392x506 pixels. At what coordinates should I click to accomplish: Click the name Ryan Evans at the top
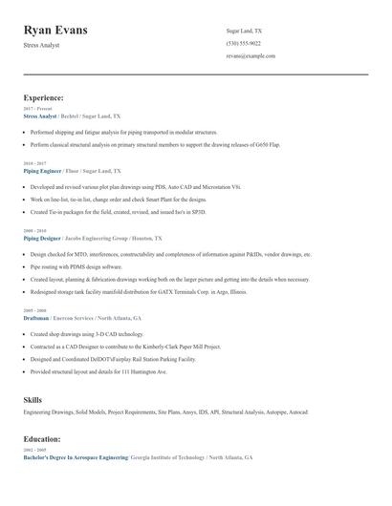(x=55, y=31)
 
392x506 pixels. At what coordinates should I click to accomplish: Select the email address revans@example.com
(x=250, y=56)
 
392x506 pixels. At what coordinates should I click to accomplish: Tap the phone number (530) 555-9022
(x=243, y=44)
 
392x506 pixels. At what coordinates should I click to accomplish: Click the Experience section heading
(x=43, y=97)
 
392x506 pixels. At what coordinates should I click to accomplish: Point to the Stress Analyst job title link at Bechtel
(x=40, y=116)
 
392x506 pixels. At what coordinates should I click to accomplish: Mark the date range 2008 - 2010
(x=33, y=231)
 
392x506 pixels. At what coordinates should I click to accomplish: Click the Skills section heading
(x=33, y=398)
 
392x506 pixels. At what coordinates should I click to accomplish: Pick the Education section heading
(x=42, y=439)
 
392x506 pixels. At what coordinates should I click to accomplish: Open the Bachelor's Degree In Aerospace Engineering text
(x=76, y=458)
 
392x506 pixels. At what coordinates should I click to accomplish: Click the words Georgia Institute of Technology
(x=166, y=458)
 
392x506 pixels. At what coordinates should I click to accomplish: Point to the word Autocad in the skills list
(x=296, y=411)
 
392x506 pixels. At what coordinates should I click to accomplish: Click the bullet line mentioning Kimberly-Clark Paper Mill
(x=125, y=347)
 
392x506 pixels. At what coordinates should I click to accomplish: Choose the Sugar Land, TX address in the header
(x=244, y=32)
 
